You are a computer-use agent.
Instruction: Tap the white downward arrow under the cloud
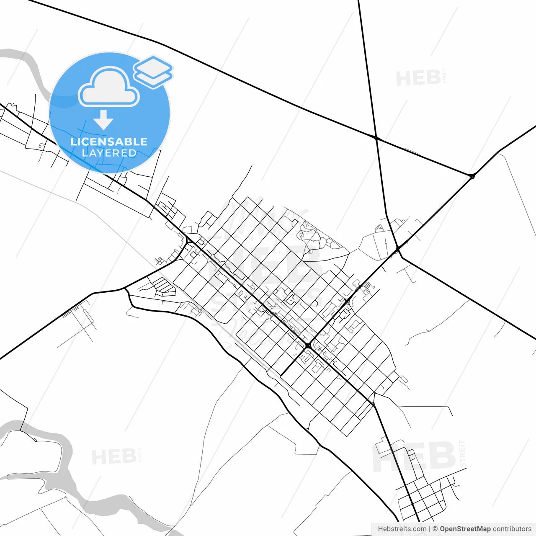click(103, 120)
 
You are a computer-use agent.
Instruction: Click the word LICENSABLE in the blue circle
click(109, 142)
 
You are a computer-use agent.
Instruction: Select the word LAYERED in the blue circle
click(109, 153)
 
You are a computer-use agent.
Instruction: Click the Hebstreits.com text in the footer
click(402, 529)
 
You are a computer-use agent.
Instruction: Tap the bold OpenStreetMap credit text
click(465, 529)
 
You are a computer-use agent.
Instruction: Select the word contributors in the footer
click(512, 529)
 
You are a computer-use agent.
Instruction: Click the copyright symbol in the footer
click(435, 529)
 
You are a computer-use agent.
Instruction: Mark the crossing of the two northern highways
click(376, 137)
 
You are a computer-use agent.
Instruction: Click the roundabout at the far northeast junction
click(472, 176)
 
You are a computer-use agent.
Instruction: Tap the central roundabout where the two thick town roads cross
click(308, 345)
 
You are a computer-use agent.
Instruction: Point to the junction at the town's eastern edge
click(397, 249)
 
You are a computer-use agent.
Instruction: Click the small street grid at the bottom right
click(423, 500)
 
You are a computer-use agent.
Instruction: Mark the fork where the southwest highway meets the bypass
click(125, 288)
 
